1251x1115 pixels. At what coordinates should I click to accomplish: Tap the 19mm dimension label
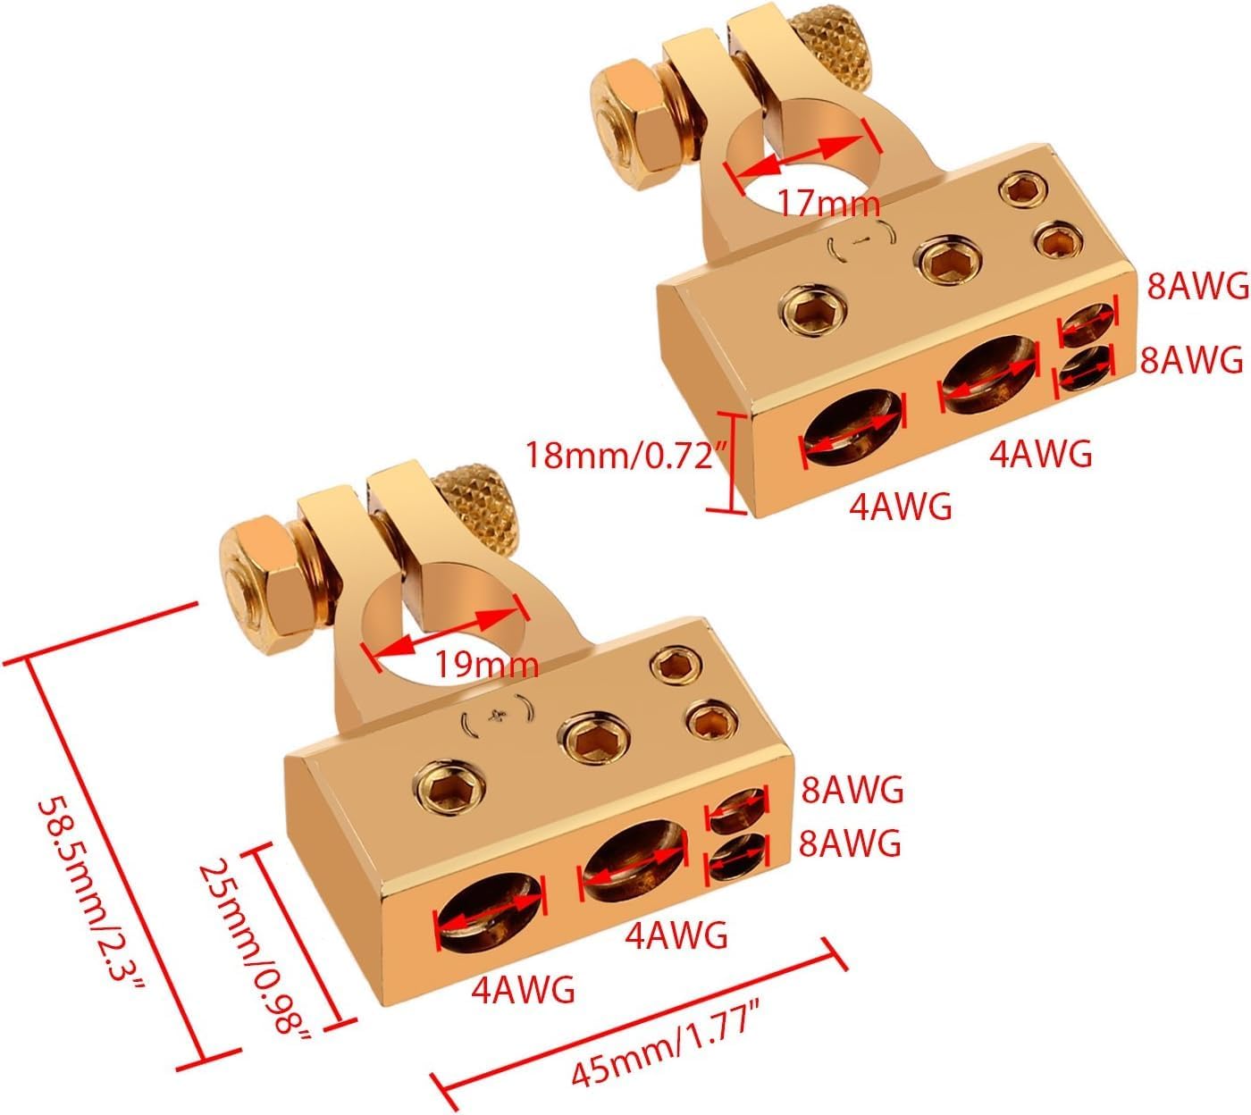click(x=487, y=665)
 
